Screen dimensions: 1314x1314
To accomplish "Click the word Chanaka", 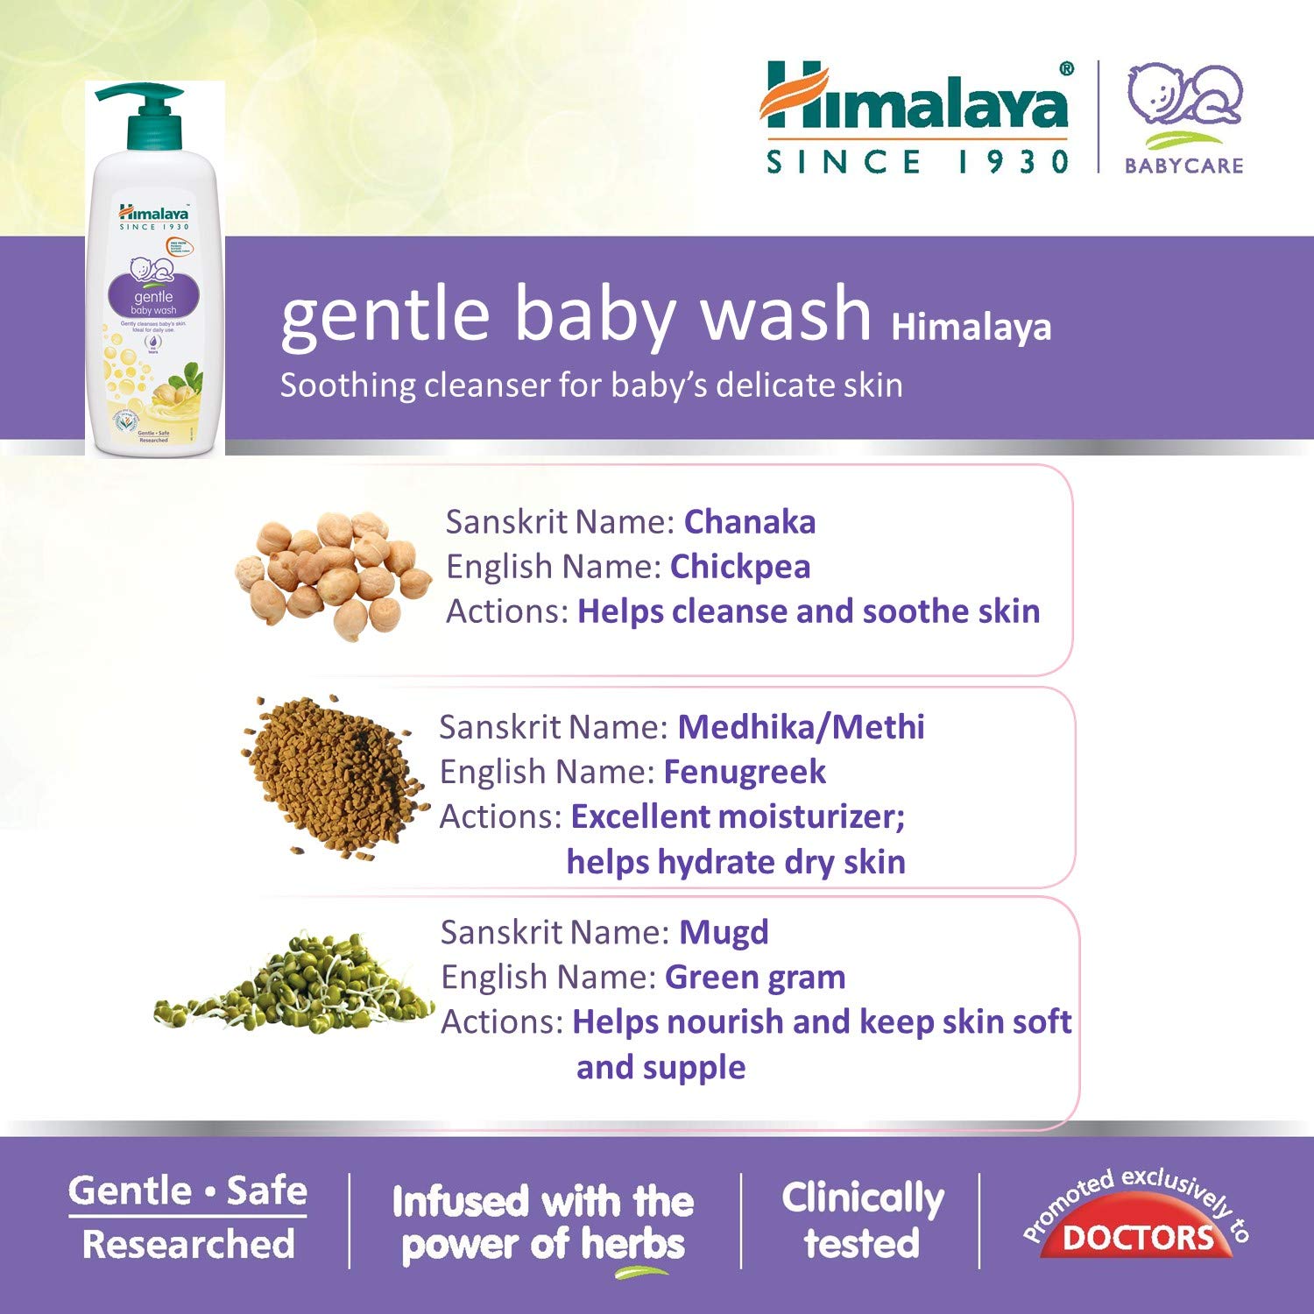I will (749, 522).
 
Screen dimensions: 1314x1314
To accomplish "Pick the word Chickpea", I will (739, 567).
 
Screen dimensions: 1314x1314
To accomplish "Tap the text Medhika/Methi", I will (801, 727).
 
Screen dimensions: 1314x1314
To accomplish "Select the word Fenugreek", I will (744, 772).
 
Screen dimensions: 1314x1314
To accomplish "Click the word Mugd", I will (724, 932).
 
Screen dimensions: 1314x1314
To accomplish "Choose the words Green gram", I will (755, 977).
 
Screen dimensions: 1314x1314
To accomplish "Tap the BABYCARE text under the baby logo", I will (1183, 166).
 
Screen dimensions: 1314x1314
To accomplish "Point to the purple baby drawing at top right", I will (1183, 96).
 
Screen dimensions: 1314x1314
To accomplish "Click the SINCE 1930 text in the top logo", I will (917, 162).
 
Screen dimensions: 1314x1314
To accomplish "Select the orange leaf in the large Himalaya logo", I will (793, 92).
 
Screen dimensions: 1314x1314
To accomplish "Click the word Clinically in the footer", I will (863, 1197).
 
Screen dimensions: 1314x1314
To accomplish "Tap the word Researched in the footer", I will (188, 1245).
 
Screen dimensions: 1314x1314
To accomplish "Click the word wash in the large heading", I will (786, 314).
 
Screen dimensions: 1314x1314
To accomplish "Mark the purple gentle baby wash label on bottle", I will (153, 297).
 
